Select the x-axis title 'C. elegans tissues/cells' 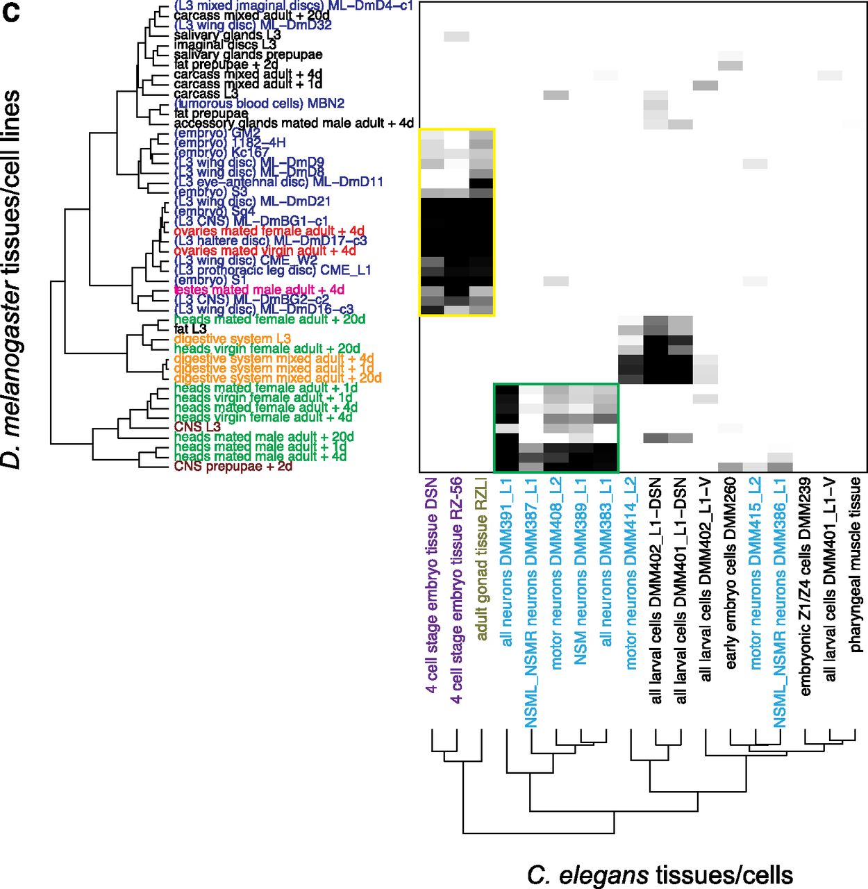tap(659, 874)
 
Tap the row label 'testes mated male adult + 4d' tap(259, 290)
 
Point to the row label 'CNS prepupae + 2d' tap(233, 466)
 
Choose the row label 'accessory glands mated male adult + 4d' tap(293, 123)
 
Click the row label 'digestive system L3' tap(232, 339)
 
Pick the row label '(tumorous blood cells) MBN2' tap(259, 103)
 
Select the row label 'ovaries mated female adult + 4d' tap(269, 231)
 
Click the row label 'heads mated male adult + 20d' tap(264, 437)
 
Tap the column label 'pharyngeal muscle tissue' tap(855, 564)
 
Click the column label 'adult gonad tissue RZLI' tap(481, 558)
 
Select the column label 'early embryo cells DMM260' tap(731, 573)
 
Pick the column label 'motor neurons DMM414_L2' tap(631, 573)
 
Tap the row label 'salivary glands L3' tap(227, 35)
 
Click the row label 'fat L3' tap(190, 329)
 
